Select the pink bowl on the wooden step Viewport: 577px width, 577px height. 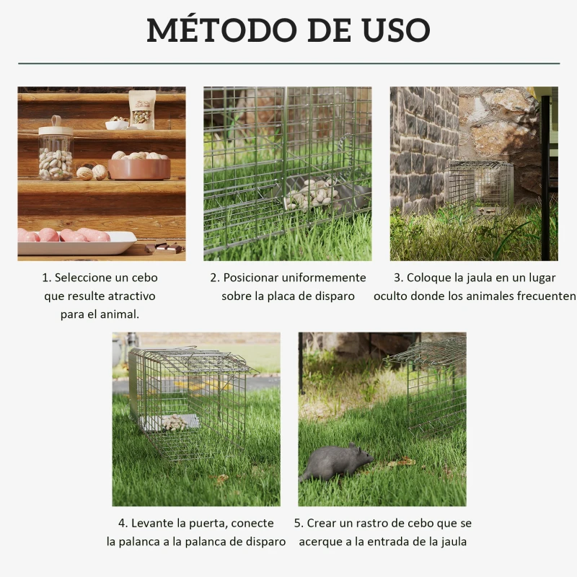click(139, 169)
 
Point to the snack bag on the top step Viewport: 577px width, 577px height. click(142, 110)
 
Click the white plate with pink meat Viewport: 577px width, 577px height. click(76, 242)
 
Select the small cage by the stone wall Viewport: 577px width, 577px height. click(480, 186)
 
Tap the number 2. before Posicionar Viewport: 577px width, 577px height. click(215, 278)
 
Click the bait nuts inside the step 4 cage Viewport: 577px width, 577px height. click(173, 423)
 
